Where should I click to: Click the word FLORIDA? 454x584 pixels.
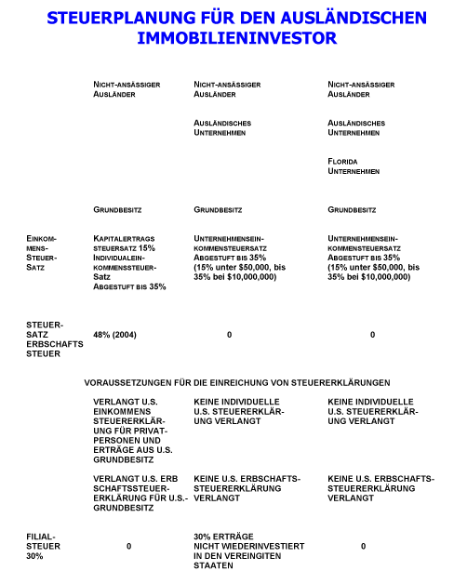(x=343, y=161)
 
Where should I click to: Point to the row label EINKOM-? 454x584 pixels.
(x=42, y=239)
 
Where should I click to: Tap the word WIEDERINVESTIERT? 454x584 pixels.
(x=249, y=546)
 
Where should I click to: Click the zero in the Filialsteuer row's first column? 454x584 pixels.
(x=129, y=546)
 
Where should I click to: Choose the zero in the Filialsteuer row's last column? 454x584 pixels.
(x=364, y=546)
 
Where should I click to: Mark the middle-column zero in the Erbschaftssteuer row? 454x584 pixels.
(x=229, y=335)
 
